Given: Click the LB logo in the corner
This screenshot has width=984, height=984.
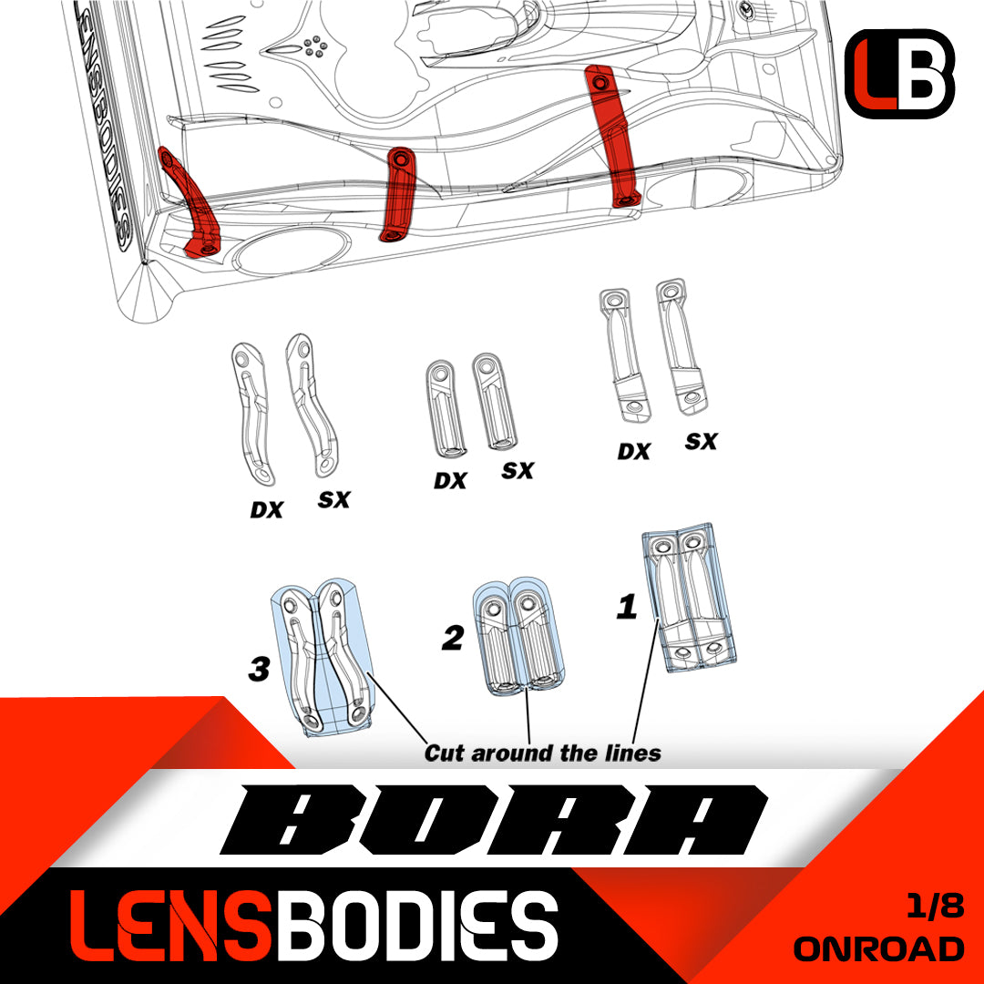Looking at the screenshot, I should click(x=899, y=74).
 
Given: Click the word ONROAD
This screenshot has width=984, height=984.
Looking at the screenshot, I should click(x=878, y=948).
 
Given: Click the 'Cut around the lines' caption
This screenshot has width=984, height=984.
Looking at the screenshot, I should click(x=542, y=753).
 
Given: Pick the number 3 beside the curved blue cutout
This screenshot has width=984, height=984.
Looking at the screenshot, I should click(x=259, y=671).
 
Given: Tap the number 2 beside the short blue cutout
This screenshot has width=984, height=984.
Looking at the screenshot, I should click(x=452, y=639).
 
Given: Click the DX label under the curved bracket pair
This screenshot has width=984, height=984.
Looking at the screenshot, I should click(x=266, y=510).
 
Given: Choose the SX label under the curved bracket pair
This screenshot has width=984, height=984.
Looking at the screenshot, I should click(x=333, y=500).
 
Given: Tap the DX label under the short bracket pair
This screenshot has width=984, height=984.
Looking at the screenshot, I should click(x=449, y=480).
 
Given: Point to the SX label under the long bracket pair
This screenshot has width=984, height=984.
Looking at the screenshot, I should click(x=701, y=442).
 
